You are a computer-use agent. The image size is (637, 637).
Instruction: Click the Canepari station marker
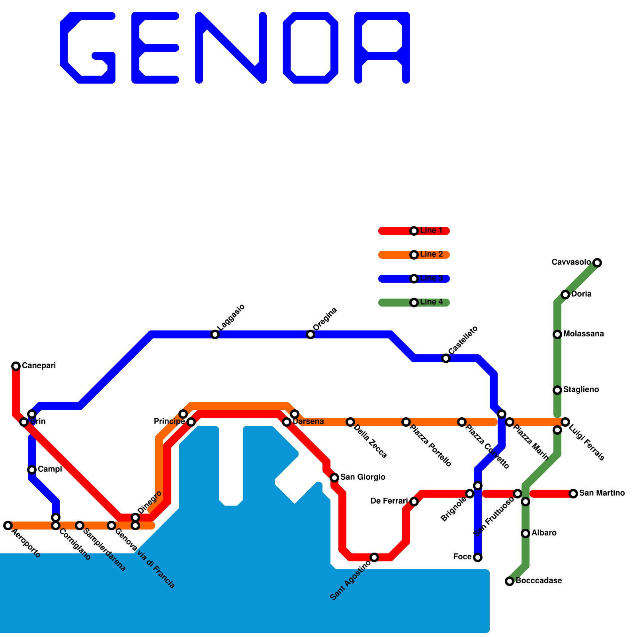tap(16, 366)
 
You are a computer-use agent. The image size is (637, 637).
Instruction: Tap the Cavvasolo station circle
tap(597, 262)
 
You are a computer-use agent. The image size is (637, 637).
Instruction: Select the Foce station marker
tap(478, 557)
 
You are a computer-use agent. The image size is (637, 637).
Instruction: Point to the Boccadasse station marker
tap(510, 581)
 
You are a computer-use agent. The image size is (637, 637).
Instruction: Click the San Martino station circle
tap(573, 493)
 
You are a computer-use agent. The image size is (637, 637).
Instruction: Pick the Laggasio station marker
tap(215, 334)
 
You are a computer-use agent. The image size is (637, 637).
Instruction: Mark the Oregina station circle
tap(311, 334)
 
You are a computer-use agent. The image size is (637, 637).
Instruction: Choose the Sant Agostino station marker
tap(374, 557)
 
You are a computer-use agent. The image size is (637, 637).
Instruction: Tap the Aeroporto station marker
tap(8, 525)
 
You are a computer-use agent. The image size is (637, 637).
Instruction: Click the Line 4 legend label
tap(431, 302)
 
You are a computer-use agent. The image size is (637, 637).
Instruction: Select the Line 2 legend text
tap(431, 254)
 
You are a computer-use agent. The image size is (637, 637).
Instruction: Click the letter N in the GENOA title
tap(231, 48)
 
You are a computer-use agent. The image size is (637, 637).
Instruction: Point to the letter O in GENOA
tap(311, 48)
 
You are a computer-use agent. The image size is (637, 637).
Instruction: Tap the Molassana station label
tap(583, 334)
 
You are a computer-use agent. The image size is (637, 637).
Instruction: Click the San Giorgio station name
tap(362, 477)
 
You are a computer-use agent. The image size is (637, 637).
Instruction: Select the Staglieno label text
tap(581, 390)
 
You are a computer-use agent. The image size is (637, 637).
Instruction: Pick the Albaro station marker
tap(526, 533)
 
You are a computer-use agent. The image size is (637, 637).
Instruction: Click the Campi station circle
tap(32, 469)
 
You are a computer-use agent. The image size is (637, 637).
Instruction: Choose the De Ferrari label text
tap(389, 501)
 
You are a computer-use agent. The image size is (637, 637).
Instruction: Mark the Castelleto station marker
tap(446, 358)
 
